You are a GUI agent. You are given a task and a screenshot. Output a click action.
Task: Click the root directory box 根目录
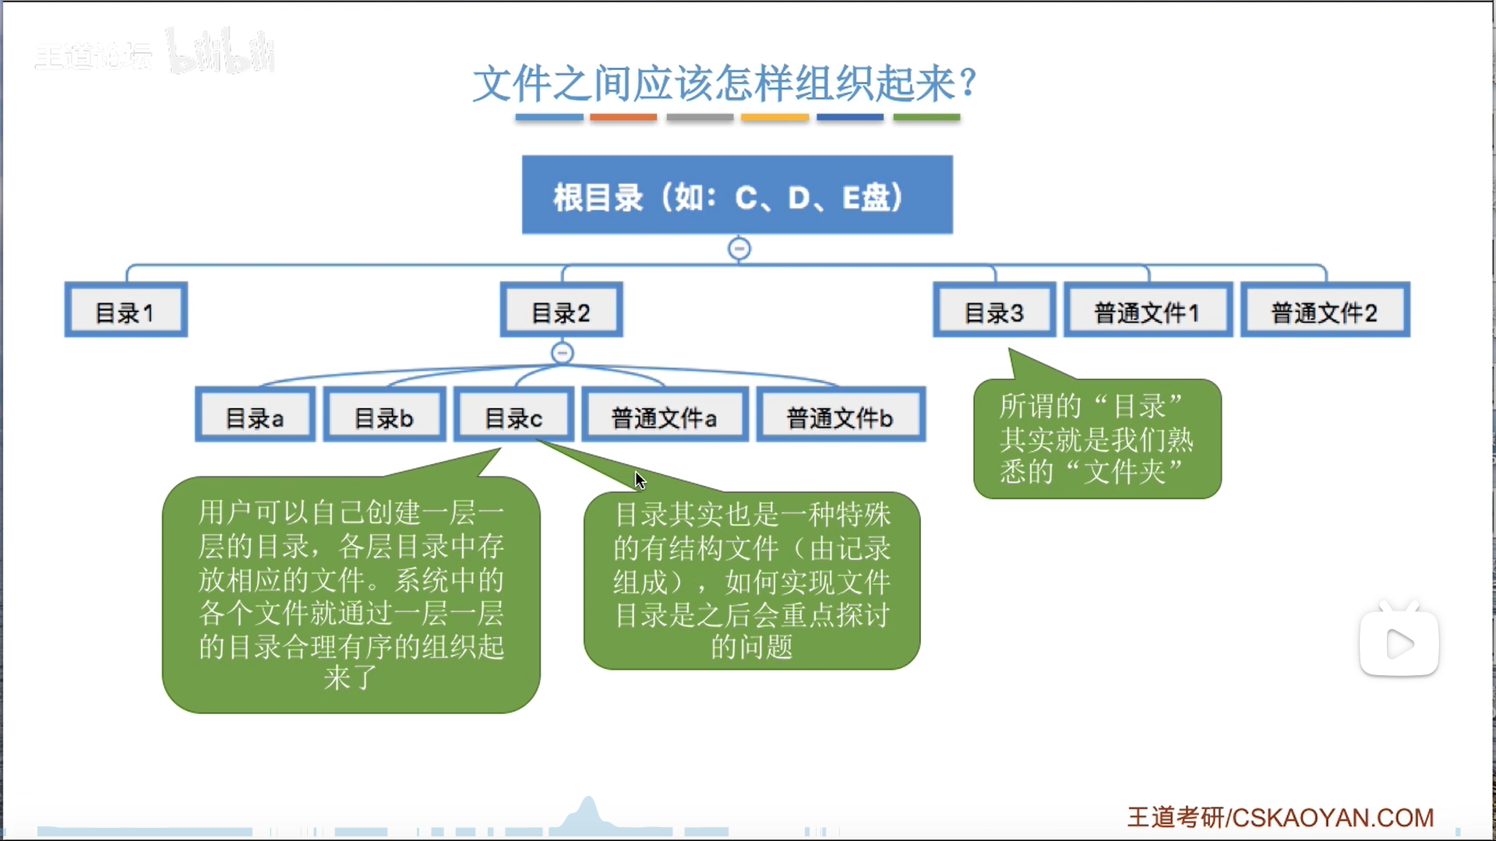coord(737,195)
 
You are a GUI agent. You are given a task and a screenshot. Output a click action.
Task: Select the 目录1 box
coord(125,310)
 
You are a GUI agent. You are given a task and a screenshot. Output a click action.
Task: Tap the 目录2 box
coord(561,310)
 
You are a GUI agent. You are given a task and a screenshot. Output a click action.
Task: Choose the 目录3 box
coord(994,310)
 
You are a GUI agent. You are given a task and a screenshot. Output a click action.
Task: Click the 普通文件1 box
coord(1148,310)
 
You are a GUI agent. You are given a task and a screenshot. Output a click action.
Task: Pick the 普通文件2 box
coord(1325,310)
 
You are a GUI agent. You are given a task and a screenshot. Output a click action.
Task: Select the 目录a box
coord(255,415)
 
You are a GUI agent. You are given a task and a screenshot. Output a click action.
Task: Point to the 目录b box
coord(384,415)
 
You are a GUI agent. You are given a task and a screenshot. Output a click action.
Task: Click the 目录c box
coord(513,415)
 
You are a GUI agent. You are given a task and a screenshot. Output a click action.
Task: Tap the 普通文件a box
coord(664,415)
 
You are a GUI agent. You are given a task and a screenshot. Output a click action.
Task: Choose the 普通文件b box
coord(840,415)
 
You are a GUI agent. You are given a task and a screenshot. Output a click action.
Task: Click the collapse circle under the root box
coord(739,249)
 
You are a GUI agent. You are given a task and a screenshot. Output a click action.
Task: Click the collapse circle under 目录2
coord(562,354)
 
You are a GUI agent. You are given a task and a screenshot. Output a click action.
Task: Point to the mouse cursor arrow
coord(639,480)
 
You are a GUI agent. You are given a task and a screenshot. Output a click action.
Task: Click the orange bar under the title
coord(623,118)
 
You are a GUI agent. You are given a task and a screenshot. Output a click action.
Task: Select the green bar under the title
coord(926,118)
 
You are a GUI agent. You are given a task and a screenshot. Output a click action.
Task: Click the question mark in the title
coord(969,82)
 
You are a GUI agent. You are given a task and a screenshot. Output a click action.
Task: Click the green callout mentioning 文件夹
coord(1097,438)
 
